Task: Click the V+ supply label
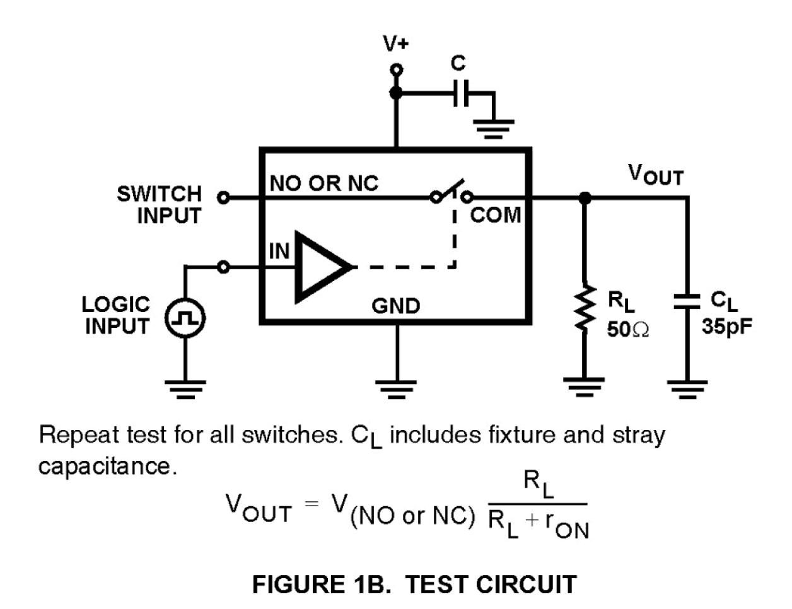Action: [395, 43]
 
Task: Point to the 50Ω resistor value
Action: [627, 328]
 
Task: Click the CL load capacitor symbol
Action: [687, 301]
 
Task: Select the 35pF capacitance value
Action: [726, 327]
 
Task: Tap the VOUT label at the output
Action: [655, 175]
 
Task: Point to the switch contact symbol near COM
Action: [451, 193]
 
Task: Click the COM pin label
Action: [496, 215]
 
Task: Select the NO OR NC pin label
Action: [324, 183]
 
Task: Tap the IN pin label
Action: [279, 252]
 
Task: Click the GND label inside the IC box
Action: [395, 306]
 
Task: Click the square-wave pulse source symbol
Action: [185, 318]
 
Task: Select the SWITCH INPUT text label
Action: [160, 204]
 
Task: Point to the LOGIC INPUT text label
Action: [116, 315]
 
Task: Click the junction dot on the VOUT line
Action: [585, 198]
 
